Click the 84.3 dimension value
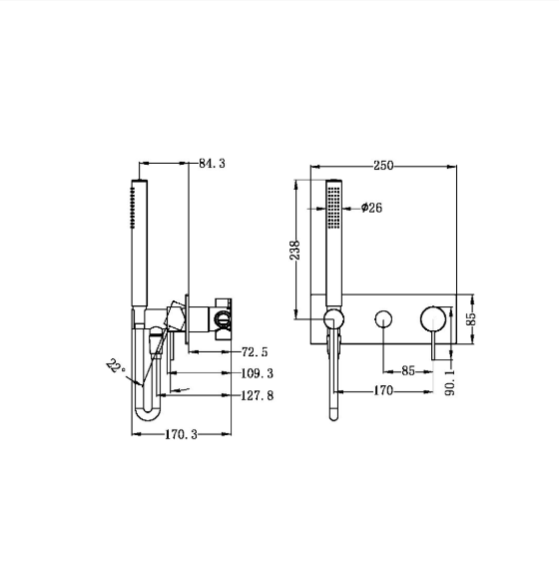212,164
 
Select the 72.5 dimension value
255,351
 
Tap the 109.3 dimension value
258,373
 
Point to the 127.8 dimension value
258,395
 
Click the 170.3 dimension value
181,434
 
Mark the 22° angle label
116,367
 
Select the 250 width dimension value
383,166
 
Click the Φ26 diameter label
371,208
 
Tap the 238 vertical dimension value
295,251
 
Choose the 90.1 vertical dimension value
450,382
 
